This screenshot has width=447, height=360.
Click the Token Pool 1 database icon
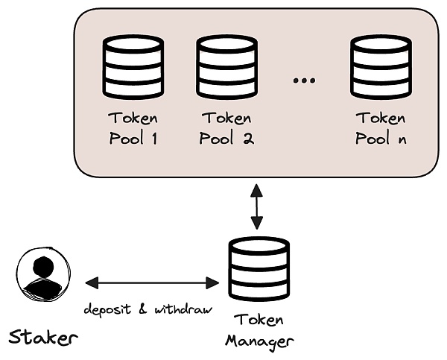click(x=133, y=66)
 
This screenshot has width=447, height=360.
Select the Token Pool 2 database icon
click(x=226, y=66)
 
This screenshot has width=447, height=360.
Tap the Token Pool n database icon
click(x=381, y=66)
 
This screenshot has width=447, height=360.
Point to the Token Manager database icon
click(x=257, y=268)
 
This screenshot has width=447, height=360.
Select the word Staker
click(x=42, y=337)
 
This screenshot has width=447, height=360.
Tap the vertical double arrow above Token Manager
click(x=257, y=206)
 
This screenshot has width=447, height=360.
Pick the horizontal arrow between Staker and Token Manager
click(x=152, y=282)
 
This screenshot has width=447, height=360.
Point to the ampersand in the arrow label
click(x=143, y=308)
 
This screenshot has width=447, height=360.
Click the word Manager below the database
click(x=258, y=341)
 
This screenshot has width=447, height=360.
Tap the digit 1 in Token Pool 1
click(x=155, y=139)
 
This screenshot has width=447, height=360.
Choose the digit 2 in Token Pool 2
click(x=248, y=139)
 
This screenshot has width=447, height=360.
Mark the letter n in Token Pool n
click(x=402, y=139)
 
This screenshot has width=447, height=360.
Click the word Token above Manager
click(x=258, y=321)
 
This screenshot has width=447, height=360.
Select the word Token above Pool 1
click(x=133, y=119)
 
